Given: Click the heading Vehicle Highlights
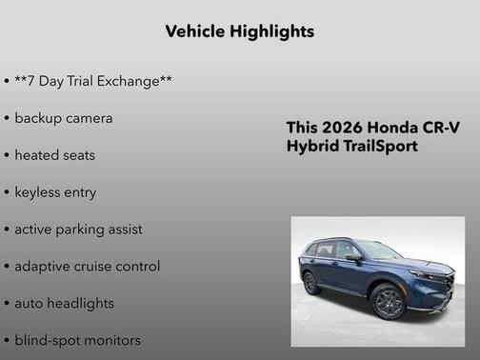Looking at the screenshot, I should click(x=239, y=31).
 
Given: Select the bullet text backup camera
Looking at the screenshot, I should click(x=63, y=118).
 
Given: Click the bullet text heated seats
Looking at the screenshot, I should click(x=54, y=155).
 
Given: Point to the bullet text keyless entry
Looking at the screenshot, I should click(x=55, y=192).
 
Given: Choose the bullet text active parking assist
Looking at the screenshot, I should click(x=78, y=230).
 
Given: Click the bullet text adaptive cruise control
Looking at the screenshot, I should click(x=87, y=267).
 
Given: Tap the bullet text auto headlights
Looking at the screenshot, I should click(x=64, y=303).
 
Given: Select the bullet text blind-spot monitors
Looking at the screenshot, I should click(x=77, y=340).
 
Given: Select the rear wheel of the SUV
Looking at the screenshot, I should click(x=310, y=283).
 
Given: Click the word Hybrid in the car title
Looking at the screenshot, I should click(x=311, y=147).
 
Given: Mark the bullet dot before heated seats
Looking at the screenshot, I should click(x=7, y=155).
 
